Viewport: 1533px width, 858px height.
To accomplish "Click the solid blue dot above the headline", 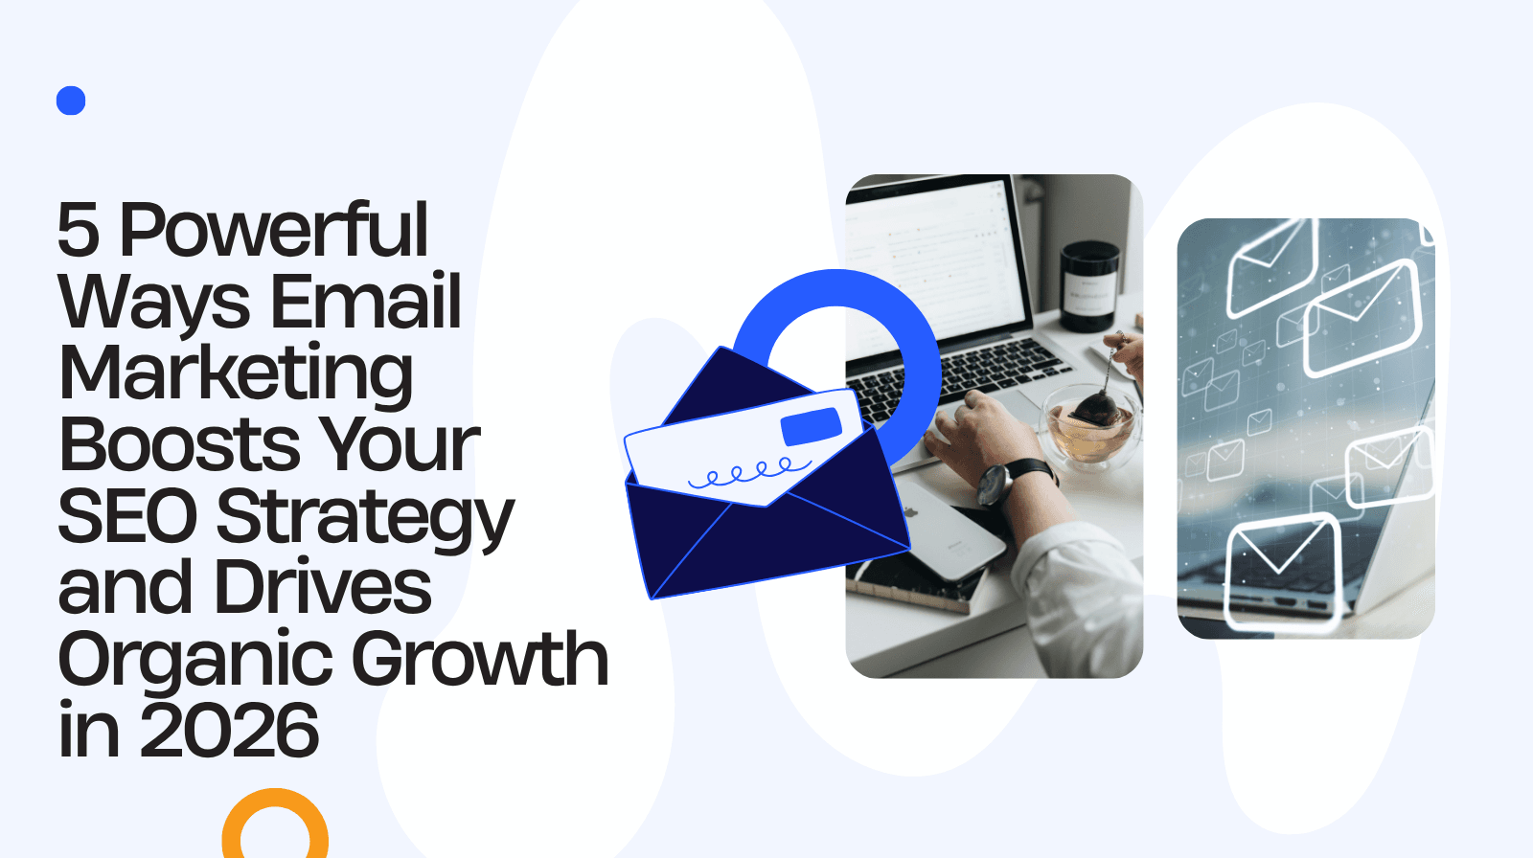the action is tap(71, 101).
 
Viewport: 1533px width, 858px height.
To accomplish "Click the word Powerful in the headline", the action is tap(274, 231).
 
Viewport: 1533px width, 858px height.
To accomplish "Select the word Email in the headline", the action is tap(365, 301).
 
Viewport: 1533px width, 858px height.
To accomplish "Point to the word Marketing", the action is tap(236, 373).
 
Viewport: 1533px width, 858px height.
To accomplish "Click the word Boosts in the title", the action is tap(179, 444).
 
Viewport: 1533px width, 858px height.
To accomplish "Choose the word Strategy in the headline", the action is tap(365, 520).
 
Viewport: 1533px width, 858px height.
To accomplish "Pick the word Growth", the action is tap(480, 660).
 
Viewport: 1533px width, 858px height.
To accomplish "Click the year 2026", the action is tap(229, 731).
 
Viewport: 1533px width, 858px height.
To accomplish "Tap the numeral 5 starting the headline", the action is tap(78, 231).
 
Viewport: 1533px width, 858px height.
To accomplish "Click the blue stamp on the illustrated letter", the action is tap(811, 426).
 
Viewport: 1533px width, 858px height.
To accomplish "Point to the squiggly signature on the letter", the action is tap(748, 472).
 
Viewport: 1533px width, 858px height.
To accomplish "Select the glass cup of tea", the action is tap(1090, 428).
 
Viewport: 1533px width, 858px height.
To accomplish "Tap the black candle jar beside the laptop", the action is tap(1088, 286).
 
